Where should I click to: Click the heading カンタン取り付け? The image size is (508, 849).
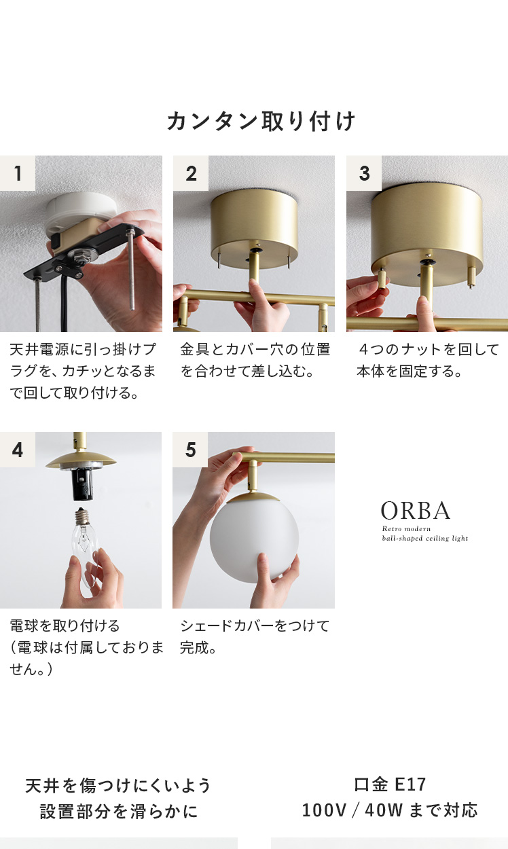pos(261,122)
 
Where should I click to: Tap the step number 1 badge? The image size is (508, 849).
pos(18,173)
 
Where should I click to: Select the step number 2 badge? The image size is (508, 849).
pos(191,173)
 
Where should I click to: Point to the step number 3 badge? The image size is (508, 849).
pos(364,173)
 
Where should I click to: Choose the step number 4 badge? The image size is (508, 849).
pos(18,450)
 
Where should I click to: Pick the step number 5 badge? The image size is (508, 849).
pos(190,450)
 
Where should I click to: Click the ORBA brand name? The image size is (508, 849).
pos(416,511)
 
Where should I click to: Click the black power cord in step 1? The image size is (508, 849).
pos(65,303)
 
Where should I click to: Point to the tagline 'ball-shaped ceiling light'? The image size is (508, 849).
pos(425,538)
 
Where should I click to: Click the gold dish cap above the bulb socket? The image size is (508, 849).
pos(81,462)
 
